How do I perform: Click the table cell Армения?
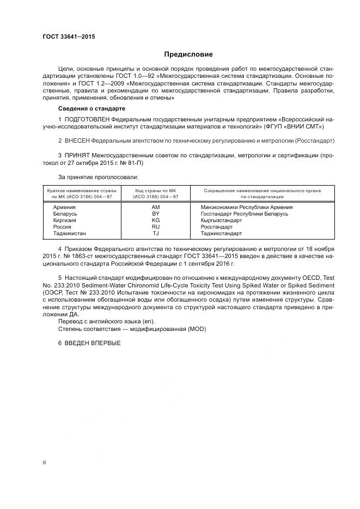coord(64,207)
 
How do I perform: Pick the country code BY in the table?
coord(155,214)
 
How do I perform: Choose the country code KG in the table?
coord(155,220)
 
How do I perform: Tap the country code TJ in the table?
coord(155,234)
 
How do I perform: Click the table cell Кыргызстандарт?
coord(221,220)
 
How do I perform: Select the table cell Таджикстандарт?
coord(221,234)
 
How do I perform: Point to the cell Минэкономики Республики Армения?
coord(247,207)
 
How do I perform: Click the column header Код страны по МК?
coord(156,191)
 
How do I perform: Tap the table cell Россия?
coord(62,227)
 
